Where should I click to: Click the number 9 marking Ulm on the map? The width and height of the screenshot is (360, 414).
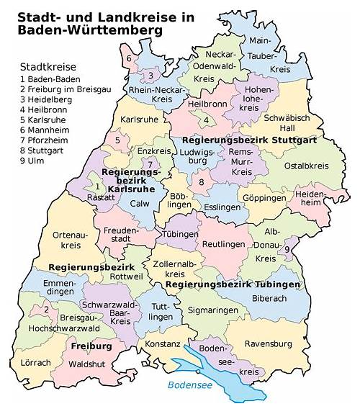pyautogui.click(x=287, y=249)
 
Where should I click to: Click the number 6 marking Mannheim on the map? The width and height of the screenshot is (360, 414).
pyautogui.click(x=129, y=58)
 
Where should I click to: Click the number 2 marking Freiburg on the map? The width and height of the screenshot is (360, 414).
pyautogui.click(x=47, y=310)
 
